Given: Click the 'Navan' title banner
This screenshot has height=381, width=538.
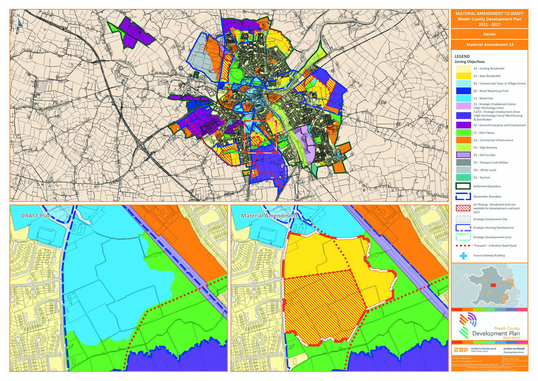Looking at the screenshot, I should coord(489,34).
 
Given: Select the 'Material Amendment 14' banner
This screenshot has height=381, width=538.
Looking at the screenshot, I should coord(489,44).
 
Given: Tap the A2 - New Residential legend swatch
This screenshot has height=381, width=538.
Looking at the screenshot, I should coord(463,76).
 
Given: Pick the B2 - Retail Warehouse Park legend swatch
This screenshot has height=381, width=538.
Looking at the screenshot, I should coord(463,91).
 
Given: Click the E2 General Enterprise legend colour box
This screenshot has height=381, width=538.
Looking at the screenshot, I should coord(463,125).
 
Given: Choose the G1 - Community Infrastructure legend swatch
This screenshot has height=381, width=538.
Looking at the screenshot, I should coord(463,140).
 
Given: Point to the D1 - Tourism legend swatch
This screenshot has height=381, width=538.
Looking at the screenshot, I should coord(463,177).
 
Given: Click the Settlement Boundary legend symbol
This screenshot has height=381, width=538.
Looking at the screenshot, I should coord(463,186).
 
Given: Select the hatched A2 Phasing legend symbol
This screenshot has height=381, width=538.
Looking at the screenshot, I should coord(463,208).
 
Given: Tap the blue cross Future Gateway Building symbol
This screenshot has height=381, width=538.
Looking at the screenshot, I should coord(463,256).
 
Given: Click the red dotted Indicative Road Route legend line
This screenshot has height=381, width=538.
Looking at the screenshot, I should coord(463,246).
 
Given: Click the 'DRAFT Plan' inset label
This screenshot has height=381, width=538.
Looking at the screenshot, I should coord(36,216).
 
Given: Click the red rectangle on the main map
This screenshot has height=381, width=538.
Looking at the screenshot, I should coord(260,137).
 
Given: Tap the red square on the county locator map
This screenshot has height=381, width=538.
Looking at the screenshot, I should coord(493,285).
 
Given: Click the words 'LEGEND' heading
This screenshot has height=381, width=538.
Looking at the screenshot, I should coord(462,57).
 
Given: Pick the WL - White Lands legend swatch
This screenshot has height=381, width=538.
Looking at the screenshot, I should coord(463,170).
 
